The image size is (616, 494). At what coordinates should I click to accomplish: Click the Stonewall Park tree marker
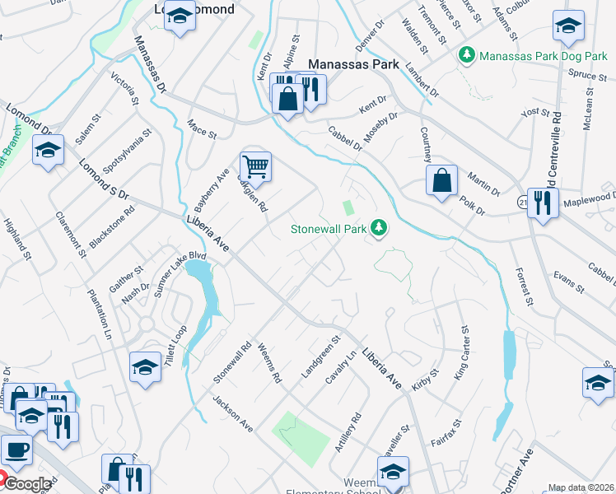tap(379, 226)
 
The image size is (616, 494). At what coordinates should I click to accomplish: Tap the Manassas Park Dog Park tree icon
tap(468, 54)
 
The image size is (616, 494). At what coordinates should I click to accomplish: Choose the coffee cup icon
tap(16, 450)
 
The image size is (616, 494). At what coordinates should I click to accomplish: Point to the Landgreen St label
tap(321, 357)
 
